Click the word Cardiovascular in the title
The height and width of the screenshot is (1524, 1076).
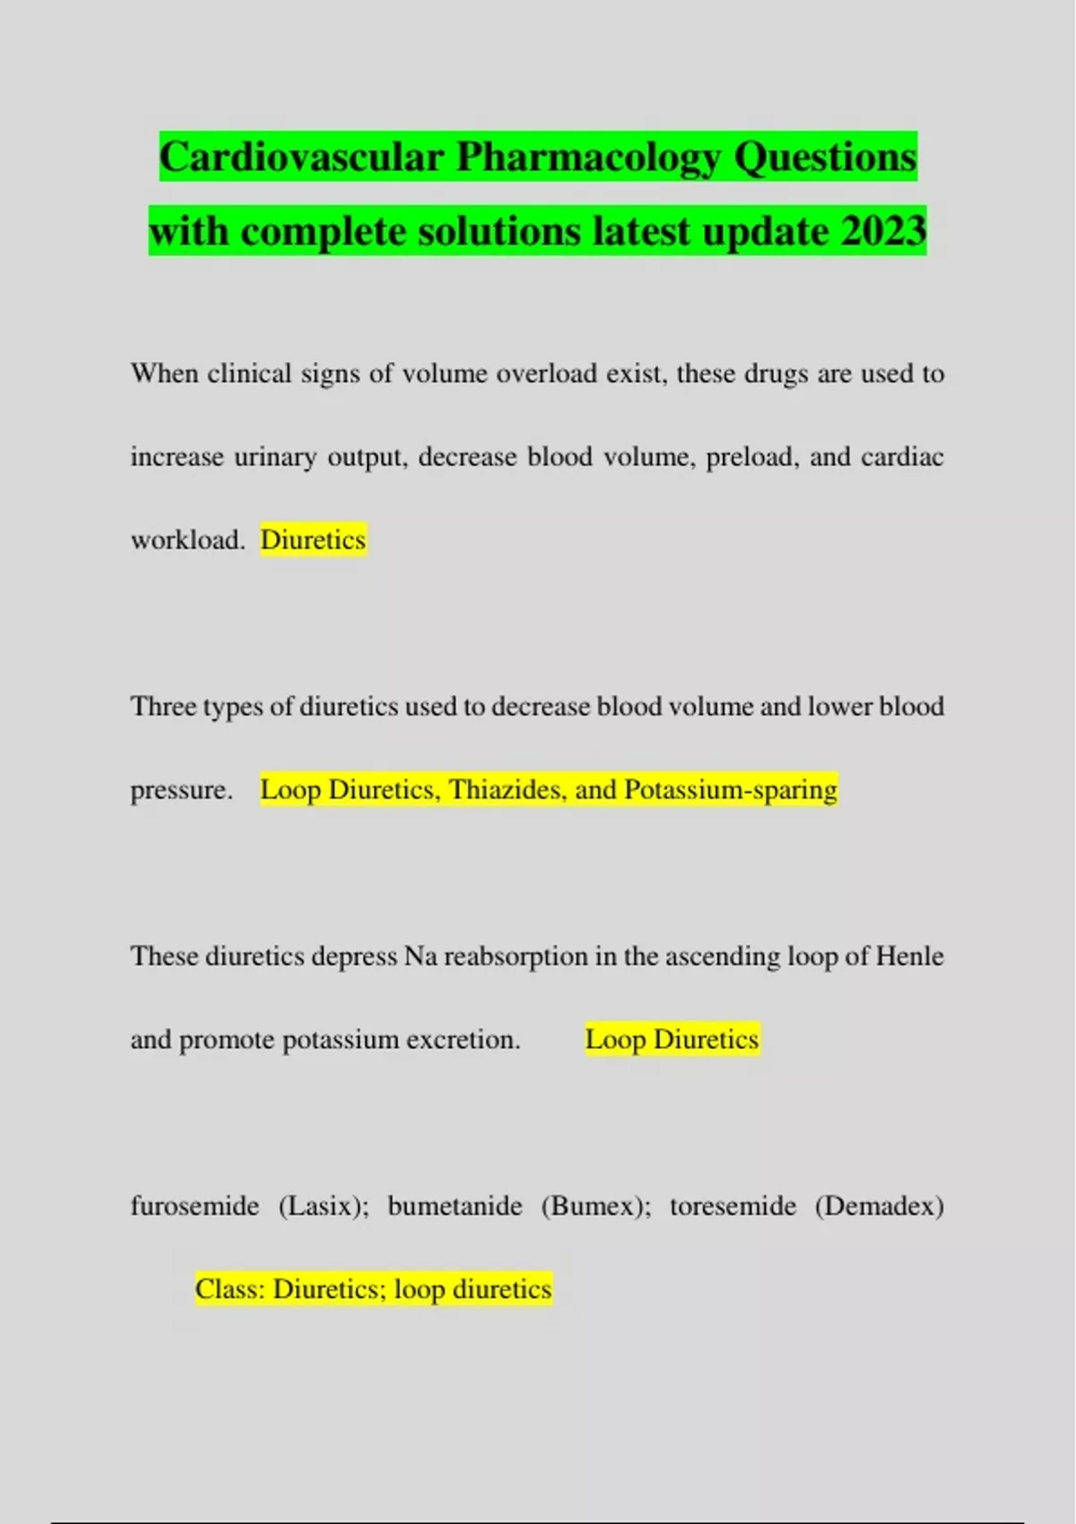point(301,157)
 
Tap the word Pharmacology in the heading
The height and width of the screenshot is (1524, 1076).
point(588,159)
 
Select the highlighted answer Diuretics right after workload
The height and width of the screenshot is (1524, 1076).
point(313,540)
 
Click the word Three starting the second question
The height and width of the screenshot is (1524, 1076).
point(163,706)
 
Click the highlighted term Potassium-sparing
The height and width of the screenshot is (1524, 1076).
point(730,790)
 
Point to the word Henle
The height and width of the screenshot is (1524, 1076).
point(909,956)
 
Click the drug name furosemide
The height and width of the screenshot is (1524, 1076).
point(195,1206)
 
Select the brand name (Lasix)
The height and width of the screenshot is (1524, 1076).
point(324,1206)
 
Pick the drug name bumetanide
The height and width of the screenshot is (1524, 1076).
point(455,1206)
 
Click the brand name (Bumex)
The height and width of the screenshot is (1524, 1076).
point(595,1206)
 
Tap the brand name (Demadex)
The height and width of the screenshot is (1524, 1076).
point(879,1206)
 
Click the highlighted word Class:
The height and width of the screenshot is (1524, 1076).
point(230,1289)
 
